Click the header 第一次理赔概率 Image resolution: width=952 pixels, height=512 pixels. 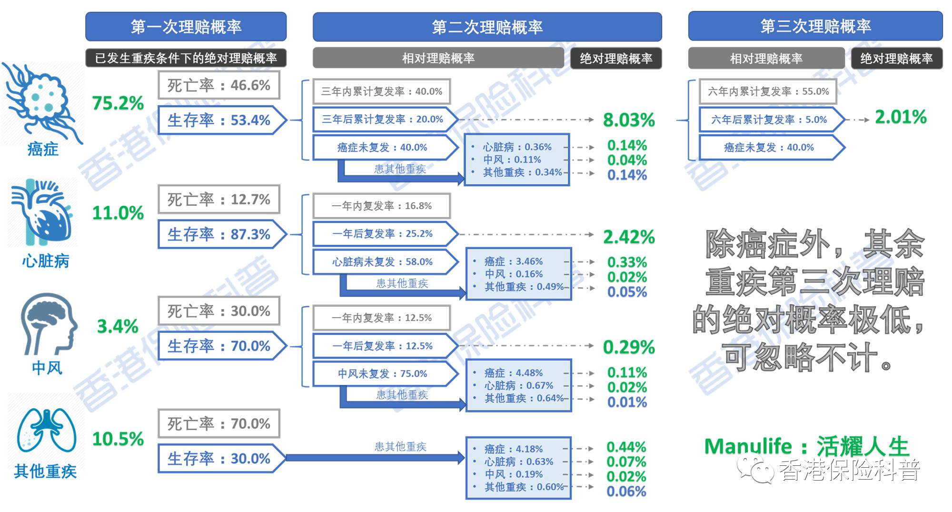186,27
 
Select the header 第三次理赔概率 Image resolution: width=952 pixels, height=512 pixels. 815,26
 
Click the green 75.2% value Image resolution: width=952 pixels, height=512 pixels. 118,103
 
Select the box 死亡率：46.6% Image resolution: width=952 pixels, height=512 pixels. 218,85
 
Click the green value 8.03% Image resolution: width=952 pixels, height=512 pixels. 629,120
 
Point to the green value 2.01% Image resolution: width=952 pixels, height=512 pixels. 901,117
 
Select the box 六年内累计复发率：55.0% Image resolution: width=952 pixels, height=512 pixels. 768,91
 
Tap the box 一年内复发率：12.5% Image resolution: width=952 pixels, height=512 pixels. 381,318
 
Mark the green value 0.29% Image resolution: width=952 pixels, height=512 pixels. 629,347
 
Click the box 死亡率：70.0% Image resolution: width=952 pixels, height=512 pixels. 218,423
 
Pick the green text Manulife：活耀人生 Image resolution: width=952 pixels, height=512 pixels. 806,446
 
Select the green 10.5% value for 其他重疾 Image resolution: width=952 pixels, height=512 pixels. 118,439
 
